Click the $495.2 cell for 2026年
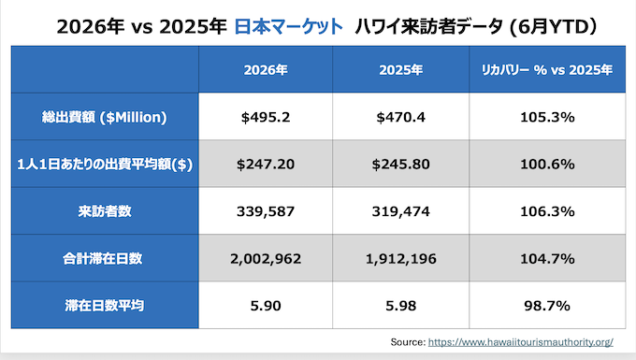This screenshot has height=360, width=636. (x=266, y=117)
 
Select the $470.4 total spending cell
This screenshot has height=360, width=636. (x=400, y=117)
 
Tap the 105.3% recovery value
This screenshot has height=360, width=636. (x=547, y=117)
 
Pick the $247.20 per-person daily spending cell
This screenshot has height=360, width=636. (x=266, y=165)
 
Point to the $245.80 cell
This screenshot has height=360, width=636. (x=400, y=165)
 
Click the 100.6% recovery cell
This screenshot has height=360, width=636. (x=547, y=165)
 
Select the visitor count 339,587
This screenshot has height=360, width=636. (x=266, y=211)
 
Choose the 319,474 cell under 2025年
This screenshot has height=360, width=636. (x=400, y=211)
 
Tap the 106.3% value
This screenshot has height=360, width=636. (x=547, y=211)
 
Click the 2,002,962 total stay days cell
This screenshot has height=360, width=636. (x=266, y=259)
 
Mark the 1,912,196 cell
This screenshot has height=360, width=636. (x=400, y=259)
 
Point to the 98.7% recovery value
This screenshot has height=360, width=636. (x=547, y=305)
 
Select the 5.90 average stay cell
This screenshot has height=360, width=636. (x=266, y=306)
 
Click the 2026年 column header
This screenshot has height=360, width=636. (x=266, y=70)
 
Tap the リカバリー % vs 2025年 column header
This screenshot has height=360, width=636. (x=547, y=70)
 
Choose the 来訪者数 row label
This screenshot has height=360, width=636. (x=105, y=211)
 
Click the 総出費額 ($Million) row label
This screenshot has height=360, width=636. (x=104, y=117)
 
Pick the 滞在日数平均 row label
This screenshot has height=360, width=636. (x=105, y=305)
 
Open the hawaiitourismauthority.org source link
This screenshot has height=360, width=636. (x=520, y=342)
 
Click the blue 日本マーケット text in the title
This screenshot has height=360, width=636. (x=289, y=27)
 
